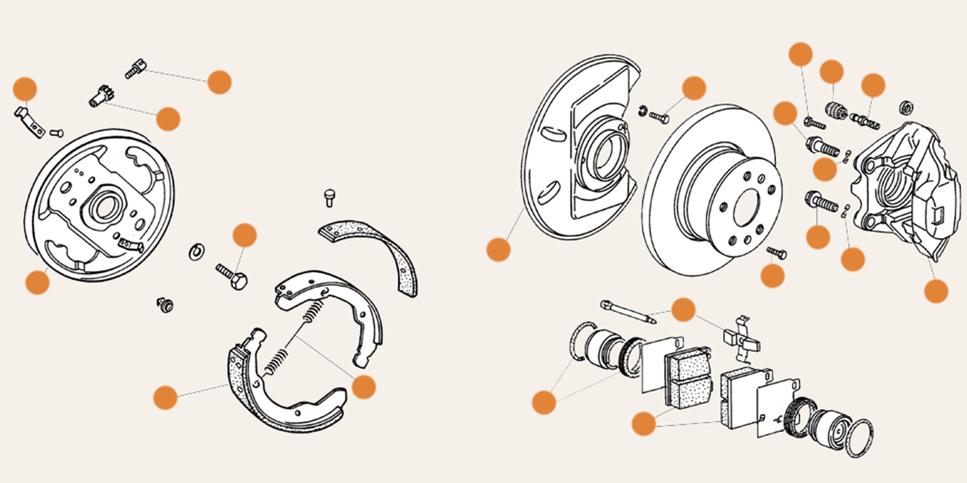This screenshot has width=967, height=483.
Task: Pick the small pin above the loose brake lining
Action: click(329, 197)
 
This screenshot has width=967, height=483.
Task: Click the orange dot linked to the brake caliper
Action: click(936, 291)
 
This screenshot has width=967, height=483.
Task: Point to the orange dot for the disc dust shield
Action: click(498, 249)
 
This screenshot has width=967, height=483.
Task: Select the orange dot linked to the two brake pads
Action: click(644, 424)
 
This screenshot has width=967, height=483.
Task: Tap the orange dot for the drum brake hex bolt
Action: click(245, 235)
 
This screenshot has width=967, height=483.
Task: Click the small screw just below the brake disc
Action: click(777, 252)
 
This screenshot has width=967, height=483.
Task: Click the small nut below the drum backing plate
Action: click(165, 304)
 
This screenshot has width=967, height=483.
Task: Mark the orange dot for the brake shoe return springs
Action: click(363, 386)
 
